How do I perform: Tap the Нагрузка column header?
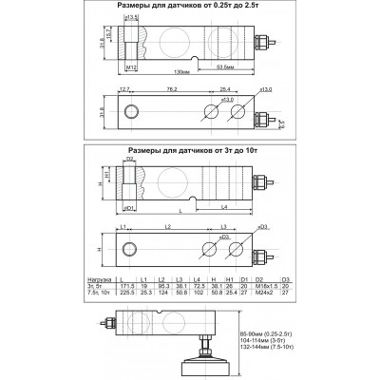pyautogui.click(x=113, y=278)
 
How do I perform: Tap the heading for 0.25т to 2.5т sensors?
pyautogui.click(x=190, y=7)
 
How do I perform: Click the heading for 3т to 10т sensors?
pyautogui.click(x=190, y=149)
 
